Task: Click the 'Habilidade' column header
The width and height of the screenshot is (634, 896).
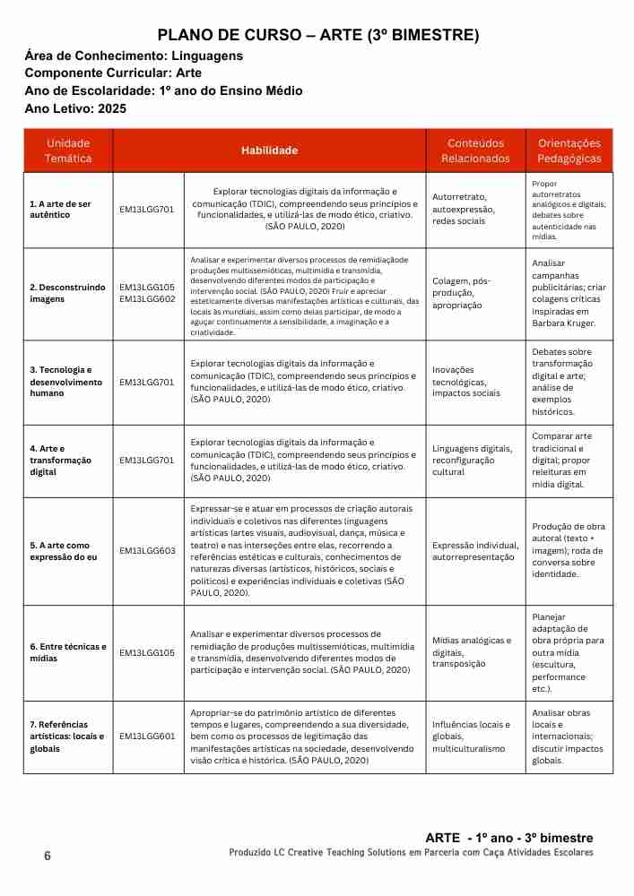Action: pos(269,151)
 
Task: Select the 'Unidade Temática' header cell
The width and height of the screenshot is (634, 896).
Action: pos(68,151)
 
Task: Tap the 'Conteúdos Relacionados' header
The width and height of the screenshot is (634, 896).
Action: pos(475,151)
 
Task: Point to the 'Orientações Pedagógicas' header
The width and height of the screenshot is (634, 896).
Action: pos(569,151)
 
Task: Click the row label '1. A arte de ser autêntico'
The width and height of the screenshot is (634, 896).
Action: pos(60,210)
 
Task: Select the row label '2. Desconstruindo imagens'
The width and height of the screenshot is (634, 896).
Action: pos(66,293)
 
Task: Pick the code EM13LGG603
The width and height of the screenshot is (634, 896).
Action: pos(147,550)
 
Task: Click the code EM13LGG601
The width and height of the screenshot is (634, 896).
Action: pos(147,737)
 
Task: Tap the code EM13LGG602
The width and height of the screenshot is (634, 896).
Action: pos(147,299)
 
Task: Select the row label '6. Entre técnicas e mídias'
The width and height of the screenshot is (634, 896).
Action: pos(67,652)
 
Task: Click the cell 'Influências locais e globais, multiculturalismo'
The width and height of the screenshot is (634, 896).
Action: pos(469,737)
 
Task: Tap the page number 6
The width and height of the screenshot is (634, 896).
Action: pos(48,856)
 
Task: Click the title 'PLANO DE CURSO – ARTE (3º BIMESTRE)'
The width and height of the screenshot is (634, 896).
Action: pos(318,36)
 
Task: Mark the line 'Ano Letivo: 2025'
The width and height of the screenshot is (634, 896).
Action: pos(76,108)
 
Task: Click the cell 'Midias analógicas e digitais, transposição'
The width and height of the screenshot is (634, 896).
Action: pos(472,652)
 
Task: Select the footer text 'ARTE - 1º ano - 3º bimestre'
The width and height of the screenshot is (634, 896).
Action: pos(508,838)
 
